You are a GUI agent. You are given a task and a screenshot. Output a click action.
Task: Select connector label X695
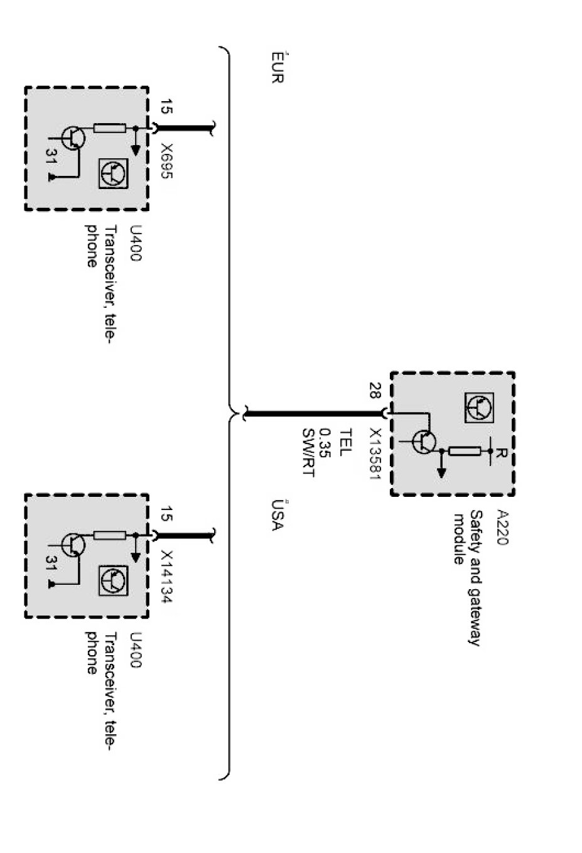click(166, 161)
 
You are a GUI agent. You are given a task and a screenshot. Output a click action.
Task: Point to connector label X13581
click(375, 454)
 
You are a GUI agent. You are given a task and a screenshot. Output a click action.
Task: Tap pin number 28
click(375, 391)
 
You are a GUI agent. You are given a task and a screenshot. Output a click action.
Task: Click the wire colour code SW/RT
click(308, 452)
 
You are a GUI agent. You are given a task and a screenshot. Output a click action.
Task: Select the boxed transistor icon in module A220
click(478, 408)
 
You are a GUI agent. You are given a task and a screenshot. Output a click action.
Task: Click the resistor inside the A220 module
click(465, 450)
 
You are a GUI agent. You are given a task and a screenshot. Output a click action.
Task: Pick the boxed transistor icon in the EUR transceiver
click(113, 173)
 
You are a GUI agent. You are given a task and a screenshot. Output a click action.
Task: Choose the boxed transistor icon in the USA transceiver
click(113, 580)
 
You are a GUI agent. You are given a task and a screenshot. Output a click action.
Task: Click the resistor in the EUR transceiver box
click(109, 128)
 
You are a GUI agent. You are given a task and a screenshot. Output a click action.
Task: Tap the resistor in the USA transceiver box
click(109, 536)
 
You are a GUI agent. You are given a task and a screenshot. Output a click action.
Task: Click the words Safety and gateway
click(475, 578)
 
